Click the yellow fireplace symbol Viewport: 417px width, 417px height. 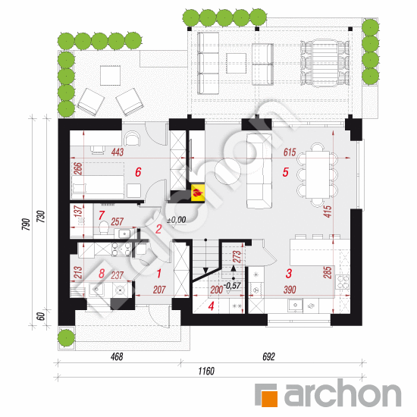(198, 192)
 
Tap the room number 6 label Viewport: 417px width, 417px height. (138, 172)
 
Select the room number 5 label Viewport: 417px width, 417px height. (285, 172)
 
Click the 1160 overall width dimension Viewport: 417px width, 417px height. (206, 371)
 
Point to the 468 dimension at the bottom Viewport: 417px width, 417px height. (117, 356)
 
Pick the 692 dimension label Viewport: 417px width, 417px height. (268, 356)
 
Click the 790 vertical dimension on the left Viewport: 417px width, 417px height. (26, 224)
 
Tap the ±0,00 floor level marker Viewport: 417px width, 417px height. (177, 220)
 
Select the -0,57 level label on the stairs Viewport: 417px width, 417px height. (232, 286)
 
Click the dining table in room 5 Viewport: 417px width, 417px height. (318, 174)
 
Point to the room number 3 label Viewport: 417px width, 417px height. (289, 274)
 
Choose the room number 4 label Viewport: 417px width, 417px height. (212, 306)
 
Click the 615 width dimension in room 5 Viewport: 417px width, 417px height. (290, 152)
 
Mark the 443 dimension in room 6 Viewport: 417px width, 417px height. (118, 152)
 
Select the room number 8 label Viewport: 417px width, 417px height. (102, 274)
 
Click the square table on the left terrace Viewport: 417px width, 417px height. (110, 76)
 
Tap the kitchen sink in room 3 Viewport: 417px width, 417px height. (295, 306)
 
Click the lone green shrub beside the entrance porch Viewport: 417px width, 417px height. (66, 337)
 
